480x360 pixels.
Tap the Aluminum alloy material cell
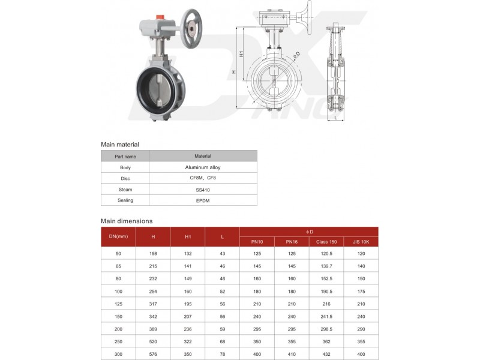click(203, 167)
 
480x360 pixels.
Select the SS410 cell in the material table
click(203, 190)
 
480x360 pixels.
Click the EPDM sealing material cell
click(203, 200)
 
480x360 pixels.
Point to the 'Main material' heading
click(120, 145)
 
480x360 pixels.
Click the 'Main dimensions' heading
click(127, 221)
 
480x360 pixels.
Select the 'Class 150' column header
click(326, 242)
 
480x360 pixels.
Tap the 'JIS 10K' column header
click(361, 242)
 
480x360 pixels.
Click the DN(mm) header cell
click(118, 236)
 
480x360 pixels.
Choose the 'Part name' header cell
click(125, 156)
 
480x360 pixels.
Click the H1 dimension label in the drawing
click(241, 54)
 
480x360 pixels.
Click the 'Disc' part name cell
click(125, 179)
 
